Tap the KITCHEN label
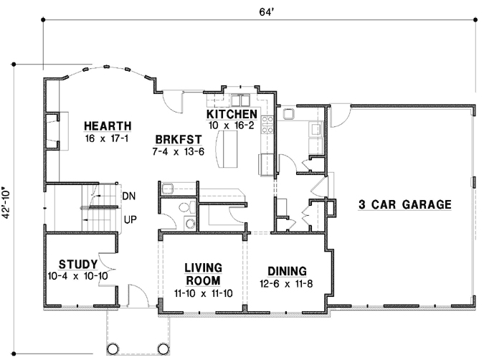[232, 115]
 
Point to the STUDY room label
[73, 263]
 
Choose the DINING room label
[287, 271]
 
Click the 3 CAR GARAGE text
[404, 204]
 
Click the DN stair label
[129, 195]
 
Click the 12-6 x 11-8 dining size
[287, 283]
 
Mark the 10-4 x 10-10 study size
[73, 276]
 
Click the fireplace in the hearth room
[52, 131]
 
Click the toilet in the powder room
[185, 208]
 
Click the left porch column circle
[113, 349]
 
